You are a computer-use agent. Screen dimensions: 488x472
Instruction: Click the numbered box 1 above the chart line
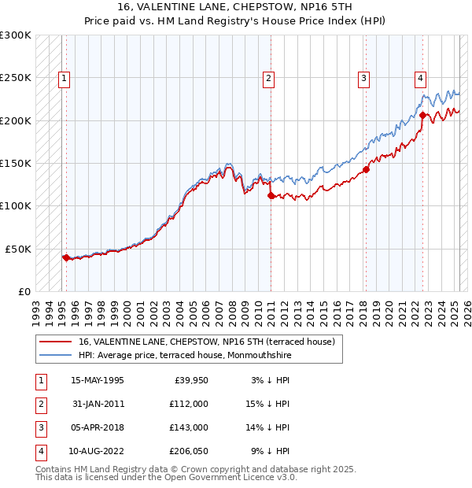(x=63, y=78)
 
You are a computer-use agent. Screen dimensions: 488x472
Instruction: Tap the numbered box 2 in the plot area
(x=268, y=78)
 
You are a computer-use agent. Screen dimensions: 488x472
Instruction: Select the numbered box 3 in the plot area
(x=364, y=78)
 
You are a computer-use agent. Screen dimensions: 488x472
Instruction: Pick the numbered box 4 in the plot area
(x=421, y=78)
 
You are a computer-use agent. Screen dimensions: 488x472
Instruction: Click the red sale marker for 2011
(x=271, y=196)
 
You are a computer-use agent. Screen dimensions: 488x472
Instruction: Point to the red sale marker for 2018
(x=366, y=169)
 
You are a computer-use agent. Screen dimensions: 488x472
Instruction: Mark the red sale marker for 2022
(x=422, y=115)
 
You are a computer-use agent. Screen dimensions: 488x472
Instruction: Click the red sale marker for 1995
(x=66, y=257)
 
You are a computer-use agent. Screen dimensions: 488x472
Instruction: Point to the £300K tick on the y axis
(x=16, y=35)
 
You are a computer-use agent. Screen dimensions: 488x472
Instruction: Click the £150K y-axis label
(x=16, y=163)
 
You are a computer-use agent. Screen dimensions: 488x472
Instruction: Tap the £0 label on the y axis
(x=23, y=291)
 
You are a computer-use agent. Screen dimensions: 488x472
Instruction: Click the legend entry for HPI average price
(x=185, y=355)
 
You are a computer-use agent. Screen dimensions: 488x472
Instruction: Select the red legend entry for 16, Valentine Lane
(x=206, y=342)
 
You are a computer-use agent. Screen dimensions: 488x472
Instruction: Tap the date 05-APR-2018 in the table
(x=98, y=427)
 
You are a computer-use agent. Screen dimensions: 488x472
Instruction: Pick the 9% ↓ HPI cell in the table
(x=271, y=451)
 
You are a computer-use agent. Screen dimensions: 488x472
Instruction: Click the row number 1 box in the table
(x=39, y=380)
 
